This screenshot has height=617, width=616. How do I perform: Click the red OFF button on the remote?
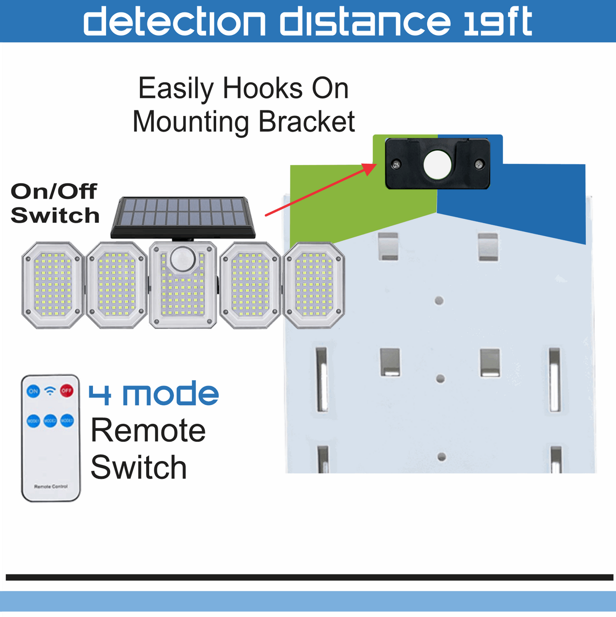point(67,390)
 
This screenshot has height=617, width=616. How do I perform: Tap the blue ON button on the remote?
point(33,391)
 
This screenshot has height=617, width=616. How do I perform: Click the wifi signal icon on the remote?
point(50,390)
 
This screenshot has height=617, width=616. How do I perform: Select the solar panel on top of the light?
point(183,217)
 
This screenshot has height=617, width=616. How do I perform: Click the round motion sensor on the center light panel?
point(183,259)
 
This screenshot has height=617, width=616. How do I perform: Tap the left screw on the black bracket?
point(396,164)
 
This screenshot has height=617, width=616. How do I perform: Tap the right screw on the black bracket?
point(479,164)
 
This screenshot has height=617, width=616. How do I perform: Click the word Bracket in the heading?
point(307,122)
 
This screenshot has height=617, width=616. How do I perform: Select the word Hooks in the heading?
point(263,89)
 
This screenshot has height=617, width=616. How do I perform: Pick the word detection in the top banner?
point(174,21)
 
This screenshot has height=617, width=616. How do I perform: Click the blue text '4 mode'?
point(153,394)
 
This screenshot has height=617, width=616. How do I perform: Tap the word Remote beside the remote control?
point(148,430)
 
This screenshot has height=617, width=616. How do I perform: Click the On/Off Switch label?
point(55,203)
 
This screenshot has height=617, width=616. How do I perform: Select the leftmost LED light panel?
point(52,285)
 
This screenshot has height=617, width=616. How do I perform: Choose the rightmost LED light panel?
point(314,285)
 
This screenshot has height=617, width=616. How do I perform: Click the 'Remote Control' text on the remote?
point(51,486)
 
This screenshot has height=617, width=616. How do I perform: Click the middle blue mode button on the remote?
point(50,421)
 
